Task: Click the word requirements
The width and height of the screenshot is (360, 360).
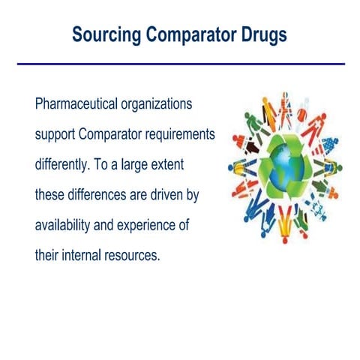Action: (x=178, y=135)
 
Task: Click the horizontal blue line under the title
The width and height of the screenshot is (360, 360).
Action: (x=180, y=64)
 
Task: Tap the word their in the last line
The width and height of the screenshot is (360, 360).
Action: (x=47, y=254)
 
